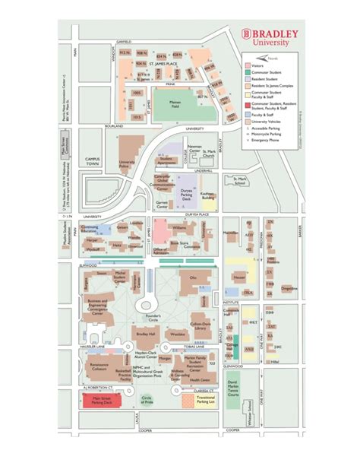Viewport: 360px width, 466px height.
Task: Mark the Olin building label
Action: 192,277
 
